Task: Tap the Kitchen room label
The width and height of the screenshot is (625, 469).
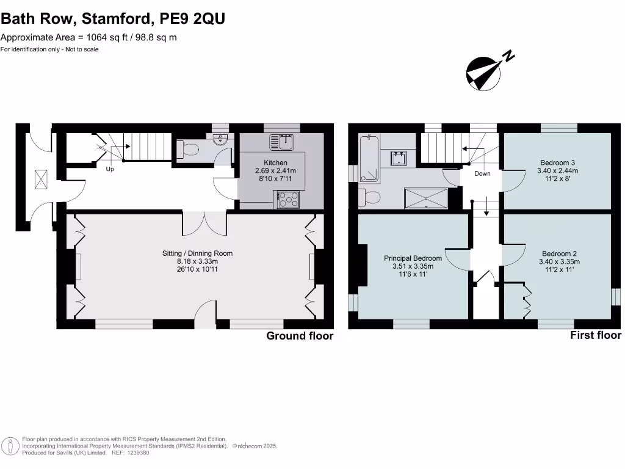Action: coord(270,162)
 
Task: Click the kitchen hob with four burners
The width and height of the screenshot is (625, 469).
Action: coord(287,199)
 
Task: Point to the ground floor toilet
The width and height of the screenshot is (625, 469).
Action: coord(189,148)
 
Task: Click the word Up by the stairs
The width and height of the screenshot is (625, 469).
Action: coord(110,169)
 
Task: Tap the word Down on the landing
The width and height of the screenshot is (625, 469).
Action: coord(482,173)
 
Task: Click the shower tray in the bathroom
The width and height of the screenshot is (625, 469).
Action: coord(426,198)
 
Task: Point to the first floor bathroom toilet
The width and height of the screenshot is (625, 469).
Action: coord(370,197)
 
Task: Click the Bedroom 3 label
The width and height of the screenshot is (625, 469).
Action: coord(557,162)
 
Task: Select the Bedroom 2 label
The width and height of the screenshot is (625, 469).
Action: coord(559,253)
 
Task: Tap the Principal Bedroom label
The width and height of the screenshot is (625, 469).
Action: coord(413,258)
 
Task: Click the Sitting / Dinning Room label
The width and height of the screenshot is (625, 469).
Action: coord(197,253)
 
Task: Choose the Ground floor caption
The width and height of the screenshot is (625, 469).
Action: coord(300,336)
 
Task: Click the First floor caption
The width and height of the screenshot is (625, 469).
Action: coord(595,335)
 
